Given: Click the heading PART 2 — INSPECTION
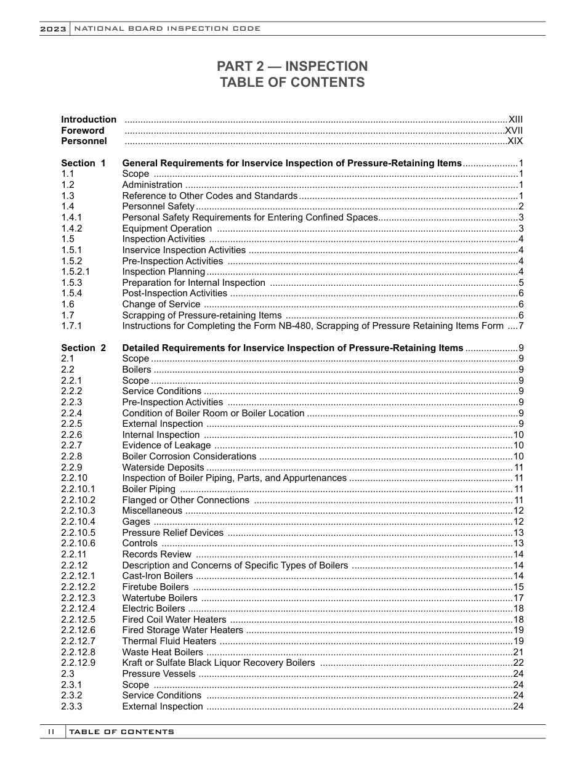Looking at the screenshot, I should (292, 67).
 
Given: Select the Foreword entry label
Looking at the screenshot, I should (83, 131).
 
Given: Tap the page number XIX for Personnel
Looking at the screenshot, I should (515, 142).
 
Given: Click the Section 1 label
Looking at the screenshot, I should (83, 163).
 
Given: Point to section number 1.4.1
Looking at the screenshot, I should (72, 217).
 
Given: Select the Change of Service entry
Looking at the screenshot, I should (161, 304).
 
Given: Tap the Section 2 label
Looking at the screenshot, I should (83, 348).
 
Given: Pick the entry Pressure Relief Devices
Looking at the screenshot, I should (172, 533).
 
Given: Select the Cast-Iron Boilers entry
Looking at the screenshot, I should (157, 576).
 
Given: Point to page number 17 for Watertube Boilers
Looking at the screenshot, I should (518, 598).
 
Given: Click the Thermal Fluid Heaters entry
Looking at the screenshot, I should (169, 641).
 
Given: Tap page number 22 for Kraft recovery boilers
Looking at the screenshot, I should (518, 663).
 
